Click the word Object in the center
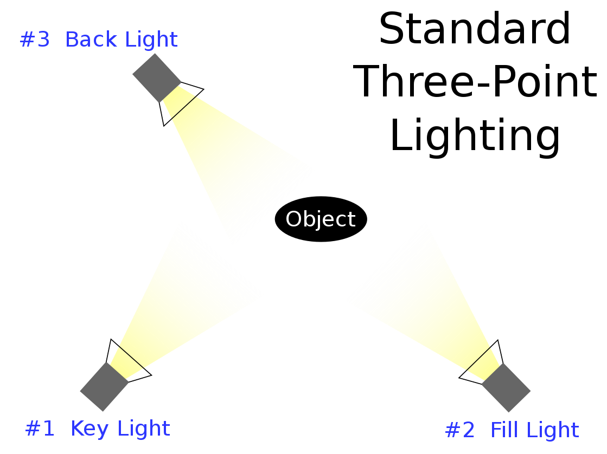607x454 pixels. pos(320,219)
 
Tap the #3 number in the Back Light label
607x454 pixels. pos(35,40)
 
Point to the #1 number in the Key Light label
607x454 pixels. pos(40,429)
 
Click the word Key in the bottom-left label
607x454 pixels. pos(90,429)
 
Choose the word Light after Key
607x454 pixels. pos(143,429)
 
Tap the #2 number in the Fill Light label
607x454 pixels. pos(459,431)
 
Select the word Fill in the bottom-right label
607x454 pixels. pos(502,430)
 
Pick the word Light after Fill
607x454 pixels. pos(552,431)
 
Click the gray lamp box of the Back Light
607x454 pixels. pos(156,77)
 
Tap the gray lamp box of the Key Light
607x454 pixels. pos(104,386)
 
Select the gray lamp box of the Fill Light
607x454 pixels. pos(506,387)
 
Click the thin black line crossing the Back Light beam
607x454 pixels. pos(183,107)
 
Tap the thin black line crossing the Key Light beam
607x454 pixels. pos(131,357)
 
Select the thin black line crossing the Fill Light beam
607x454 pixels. pos(478,359)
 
